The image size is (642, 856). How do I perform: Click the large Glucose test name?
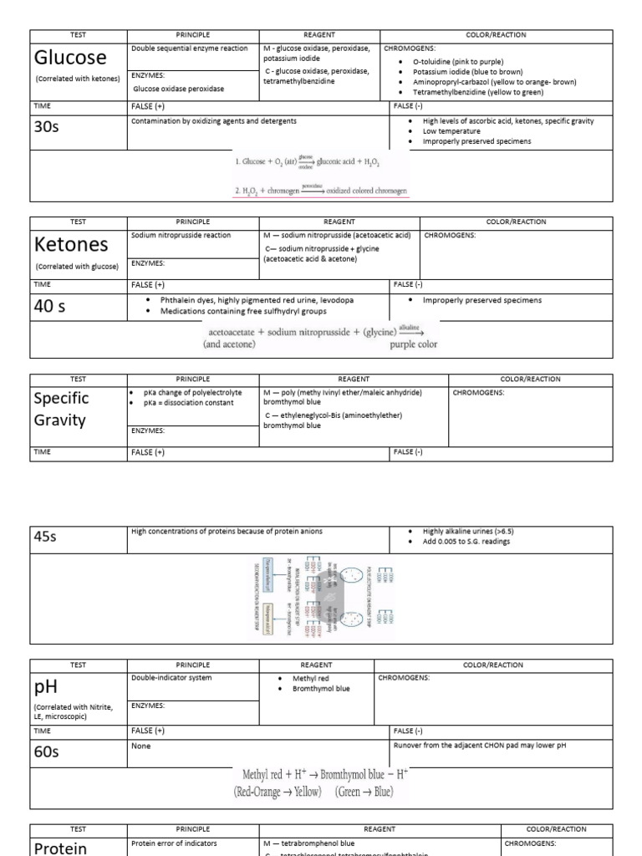click(70, 58)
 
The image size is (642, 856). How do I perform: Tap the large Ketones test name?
click(73, 244)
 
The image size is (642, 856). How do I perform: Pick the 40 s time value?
click(48, 306)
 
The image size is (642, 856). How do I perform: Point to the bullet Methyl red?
click(309, 677)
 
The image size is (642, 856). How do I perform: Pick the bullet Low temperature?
click(451, 131)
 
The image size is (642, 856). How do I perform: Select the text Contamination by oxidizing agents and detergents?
click(213, 121)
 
